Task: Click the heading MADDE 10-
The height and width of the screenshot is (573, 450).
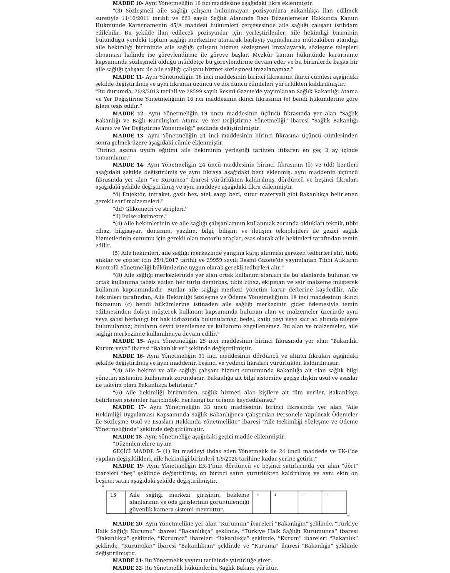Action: click(x=128, y=3)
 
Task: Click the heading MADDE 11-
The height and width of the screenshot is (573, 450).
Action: click(x=128, y=77)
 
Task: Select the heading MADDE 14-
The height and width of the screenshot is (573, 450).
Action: click(x=128, y=165)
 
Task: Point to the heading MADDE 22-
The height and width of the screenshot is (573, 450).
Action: click(x=128, y=568)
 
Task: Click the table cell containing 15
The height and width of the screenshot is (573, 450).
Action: click(x=113, y=495)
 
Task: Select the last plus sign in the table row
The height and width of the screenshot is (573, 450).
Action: click(x=327, y=495)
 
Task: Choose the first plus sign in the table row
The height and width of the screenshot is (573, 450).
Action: click(x=258, y=495)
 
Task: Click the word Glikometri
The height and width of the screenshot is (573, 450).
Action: click(x=136, y=209)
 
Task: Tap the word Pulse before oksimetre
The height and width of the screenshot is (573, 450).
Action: click(x=130, y=217)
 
